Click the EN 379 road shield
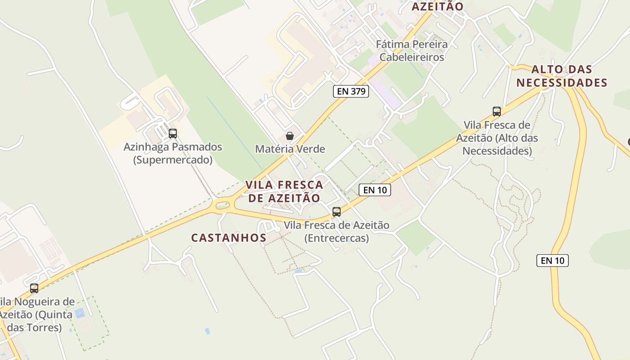351,91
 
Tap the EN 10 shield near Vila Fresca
375,190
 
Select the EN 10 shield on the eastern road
552,260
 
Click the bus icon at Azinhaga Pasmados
173,134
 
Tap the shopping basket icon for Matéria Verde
290,136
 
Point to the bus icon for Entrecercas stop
337,212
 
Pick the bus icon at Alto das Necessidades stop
497,112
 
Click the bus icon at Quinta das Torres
34,288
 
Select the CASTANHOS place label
229,238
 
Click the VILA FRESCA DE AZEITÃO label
284,191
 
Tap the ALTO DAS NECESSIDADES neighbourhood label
562,76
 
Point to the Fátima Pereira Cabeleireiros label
412,51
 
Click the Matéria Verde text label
290,149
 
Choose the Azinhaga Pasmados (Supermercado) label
173,153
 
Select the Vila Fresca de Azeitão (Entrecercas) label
337,231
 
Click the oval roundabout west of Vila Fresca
223,206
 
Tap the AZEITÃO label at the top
437,6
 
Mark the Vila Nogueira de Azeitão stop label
36,314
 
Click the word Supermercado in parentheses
173,160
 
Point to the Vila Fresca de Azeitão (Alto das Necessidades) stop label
497,138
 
